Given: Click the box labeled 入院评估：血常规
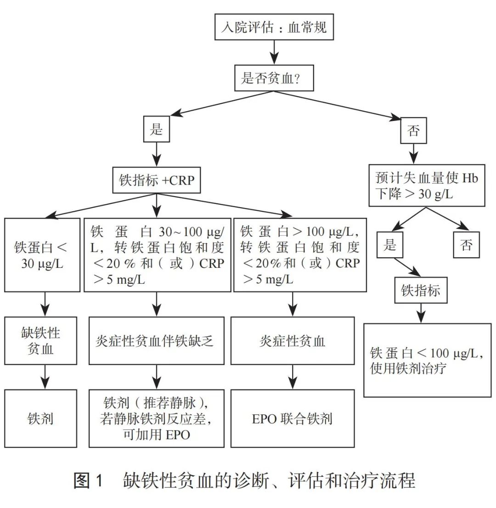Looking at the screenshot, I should point(274,28).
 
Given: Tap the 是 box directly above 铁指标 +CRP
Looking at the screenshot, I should point(157,130).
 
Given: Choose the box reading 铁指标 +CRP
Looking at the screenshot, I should point(157,180).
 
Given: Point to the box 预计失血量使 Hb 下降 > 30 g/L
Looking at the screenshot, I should point(427,186).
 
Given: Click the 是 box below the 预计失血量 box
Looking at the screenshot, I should point(390,245).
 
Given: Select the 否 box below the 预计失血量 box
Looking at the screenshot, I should point(467,245).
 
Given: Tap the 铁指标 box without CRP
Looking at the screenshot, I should point(420,291).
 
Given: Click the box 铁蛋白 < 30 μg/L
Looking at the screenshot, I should point(41,255).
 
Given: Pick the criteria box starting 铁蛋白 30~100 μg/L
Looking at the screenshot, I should point(157,255).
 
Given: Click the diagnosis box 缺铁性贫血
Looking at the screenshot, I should point(41,341).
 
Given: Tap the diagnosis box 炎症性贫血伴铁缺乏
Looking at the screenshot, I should point(157,341).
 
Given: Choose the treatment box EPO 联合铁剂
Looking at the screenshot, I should point(293,418).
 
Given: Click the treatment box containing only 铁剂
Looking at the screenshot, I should point(41,418).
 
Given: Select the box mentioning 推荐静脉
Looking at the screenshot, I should point(157,418).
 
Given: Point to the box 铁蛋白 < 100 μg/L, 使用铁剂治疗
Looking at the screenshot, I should point(427,360).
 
